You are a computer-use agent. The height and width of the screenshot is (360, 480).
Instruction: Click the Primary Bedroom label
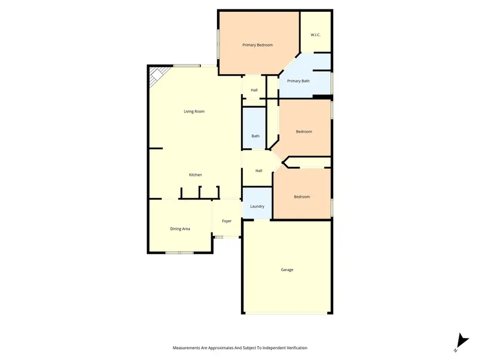coord(258,45)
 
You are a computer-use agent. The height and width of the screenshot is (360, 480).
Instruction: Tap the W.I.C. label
coord(315,35)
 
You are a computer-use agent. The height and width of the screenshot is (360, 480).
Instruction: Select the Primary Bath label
coord(298,81)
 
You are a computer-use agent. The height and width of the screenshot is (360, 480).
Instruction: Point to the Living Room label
coord(194,111)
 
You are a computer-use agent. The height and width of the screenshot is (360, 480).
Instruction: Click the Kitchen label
coord(195,175)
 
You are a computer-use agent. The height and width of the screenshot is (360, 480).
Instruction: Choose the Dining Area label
coord(180,229)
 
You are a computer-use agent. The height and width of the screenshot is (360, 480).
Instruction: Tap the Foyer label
coord(227,220)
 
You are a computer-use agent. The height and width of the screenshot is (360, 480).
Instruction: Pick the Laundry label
coord(257,206)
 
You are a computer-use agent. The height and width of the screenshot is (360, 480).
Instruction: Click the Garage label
coord(287,270)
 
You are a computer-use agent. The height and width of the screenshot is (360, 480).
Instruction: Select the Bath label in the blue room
coord(255,136)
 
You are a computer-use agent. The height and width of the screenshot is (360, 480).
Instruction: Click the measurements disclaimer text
coord(240,348)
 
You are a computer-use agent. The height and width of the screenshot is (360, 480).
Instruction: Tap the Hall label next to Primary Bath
coord(254,90)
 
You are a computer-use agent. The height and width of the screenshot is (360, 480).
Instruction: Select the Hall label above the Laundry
coord(259,171)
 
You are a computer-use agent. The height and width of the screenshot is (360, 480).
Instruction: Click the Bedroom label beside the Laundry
coord(302,197)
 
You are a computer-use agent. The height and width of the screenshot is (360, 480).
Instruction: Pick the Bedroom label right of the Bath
coord(304,132)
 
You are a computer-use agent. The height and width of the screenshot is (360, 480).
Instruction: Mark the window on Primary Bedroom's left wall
coord(218,43)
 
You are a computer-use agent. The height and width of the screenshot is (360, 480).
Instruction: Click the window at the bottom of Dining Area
coord(179,252)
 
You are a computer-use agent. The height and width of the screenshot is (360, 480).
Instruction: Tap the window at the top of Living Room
coord(187,66)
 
